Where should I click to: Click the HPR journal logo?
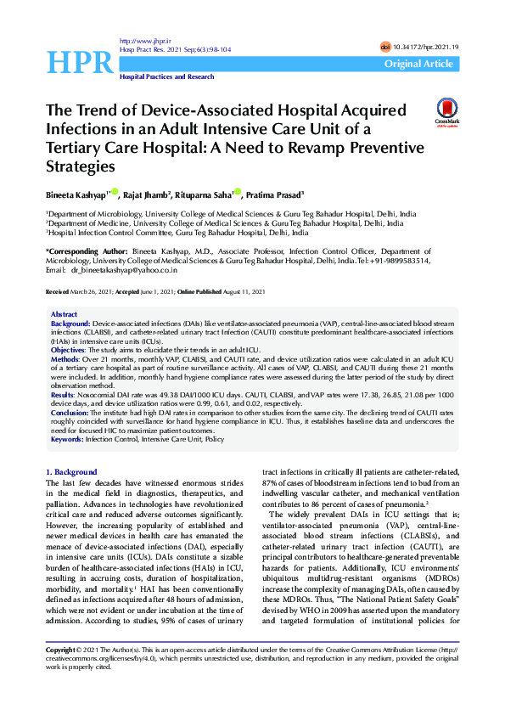click(x=79, y=60)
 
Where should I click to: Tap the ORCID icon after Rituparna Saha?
click(x=238, y=191)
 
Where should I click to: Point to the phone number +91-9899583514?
click(x=399, y=261)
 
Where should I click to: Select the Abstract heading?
click(x=65, y=314)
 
